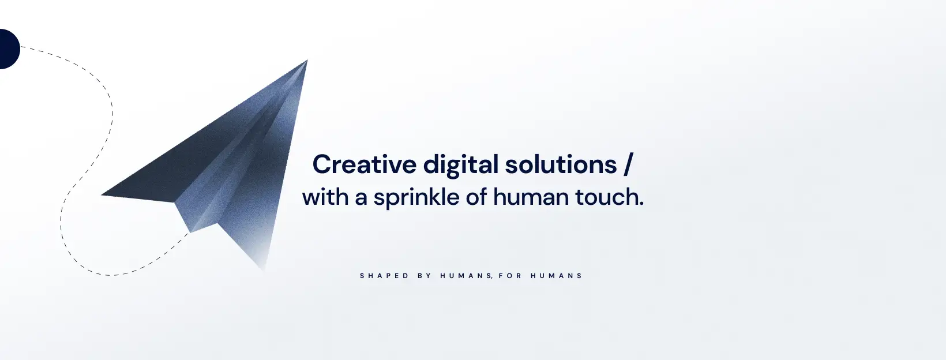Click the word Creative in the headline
365,164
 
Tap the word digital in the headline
461,165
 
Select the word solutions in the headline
561,164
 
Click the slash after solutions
628,165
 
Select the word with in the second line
325,197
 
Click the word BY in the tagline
425,276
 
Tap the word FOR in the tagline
510,276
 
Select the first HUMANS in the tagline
466,276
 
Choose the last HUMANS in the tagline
557,276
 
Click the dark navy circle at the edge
9,49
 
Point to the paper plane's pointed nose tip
307,61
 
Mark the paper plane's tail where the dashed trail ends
190,232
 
